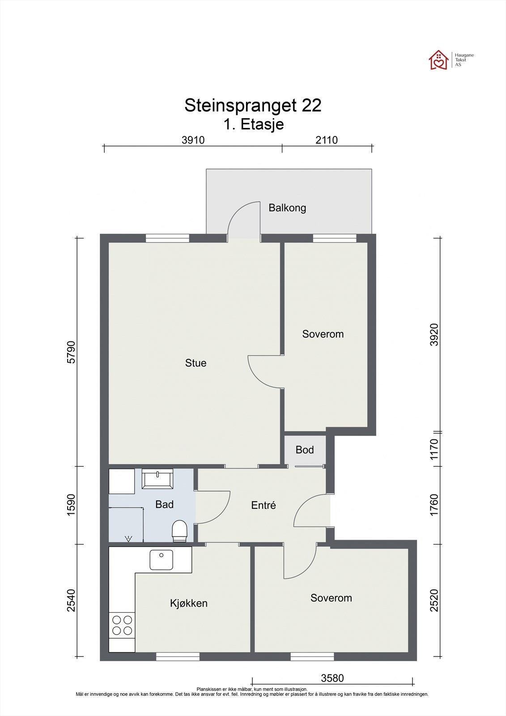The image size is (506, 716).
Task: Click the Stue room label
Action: (x=196, y=363)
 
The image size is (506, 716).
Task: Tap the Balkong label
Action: (x=287, y=208)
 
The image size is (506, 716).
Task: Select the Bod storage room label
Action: (x=305, y=450)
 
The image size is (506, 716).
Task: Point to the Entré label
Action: (x=264, y=505)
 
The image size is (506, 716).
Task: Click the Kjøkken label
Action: (x=189, y=603)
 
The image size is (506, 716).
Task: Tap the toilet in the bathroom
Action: (x=179, y=531)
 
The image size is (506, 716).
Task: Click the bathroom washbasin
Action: (x=157, y=479)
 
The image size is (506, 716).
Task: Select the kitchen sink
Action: (x=162, y=560)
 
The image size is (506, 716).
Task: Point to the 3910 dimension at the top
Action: (x=193, y=140)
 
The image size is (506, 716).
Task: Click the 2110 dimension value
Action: (x=327, y=140)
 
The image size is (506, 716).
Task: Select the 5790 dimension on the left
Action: (x=71, y=352)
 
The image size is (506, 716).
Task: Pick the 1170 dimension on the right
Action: (x=434, y=449)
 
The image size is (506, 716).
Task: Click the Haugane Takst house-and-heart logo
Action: (x=438, y=60)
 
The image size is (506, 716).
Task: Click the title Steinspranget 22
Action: (x=253, y=106)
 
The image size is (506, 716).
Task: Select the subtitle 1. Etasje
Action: (x=254, y=124)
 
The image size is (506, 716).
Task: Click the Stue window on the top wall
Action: (x=167, y=238)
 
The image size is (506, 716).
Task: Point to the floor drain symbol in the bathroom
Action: (x=128, y=539)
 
